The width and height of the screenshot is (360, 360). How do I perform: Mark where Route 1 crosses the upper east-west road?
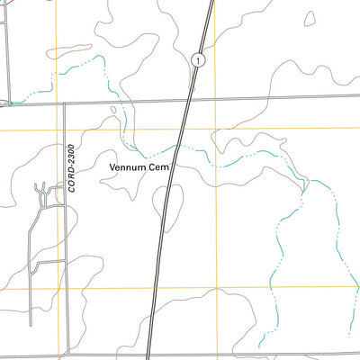pos(188,99)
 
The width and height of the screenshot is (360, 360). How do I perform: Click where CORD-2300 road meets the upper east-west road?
pos(65,103)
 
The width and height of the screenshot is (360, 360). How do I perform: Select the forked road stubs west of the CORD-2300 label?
pos(41,192)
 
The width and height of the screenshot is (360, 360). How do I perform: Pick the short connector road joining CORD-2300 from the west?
pos(49,262)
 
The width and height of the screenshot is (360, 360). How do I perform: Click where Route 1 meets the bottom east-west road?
pos(148,356)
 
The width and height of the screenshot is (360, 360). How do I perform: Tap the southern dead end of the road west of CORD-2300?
pos(31,324)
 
